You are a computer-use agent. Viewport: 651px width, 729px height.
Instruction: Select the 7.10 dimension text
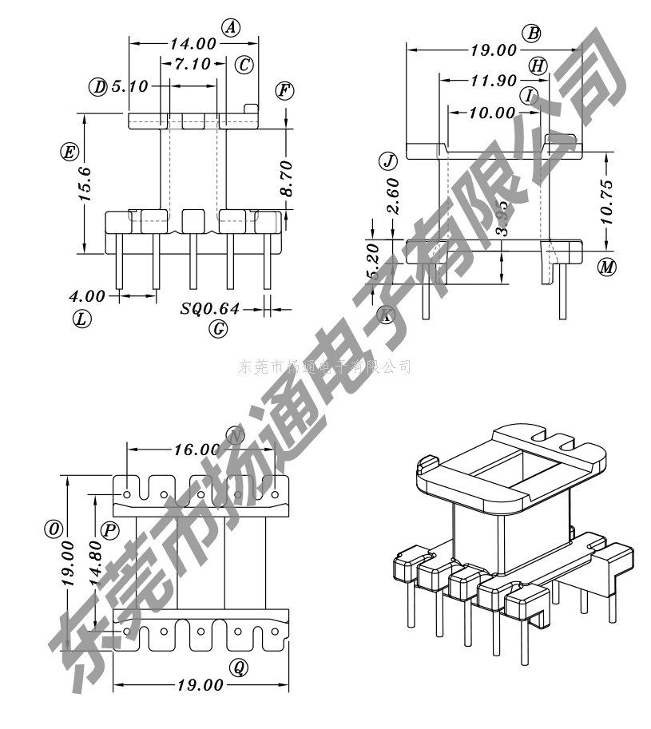191,64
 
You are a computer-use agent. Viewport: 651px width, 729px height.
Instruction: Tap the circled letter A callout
231,28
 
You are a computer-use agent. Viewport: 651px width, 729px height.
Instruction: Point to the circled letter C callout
244,65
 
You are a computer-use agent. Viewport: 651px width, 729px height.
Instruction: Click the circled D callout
98,86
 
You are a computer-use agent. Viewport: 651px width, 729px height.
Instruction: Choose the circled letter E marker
69,152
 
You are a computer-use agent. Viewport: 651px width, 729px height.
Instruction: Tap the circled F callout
284,90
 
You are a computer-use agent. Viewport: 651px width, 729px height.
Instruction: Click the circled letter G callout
219,328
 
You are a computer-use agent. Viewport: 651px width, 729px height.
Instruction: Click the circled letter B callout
532,33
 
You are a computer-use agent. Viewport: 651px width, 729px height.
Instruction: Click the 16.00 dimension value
196,450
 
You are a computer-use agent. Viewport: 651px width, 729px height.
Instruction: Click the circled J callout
388,161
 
